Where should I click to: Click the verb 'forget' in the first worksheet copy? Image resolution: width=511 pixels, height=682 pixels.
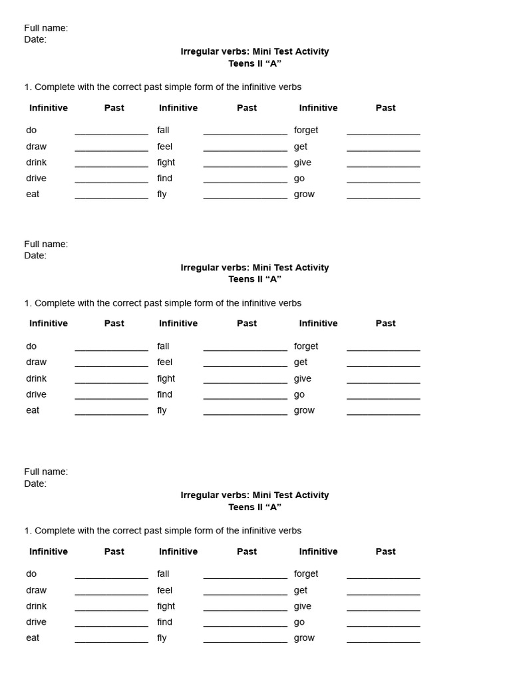[306, 130]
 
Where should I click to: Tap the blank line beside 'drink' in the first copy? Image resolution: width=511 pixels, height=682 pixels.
[111, 166]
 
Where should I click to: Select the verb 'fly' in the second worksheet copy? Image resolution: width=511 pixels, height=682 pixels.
[162, 410]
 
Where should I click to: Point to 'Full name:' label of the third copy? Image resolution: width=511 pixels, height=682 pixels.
[46, 472]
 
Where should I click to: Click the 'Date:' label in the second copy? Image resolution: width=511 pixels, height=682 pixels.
[35, 256]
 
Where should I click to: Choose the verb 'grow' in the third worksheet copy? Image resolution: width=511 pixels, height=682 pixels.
[304, 638]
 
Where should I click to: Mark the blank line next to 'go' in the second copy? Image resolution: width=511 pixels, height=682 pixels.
[383, 398]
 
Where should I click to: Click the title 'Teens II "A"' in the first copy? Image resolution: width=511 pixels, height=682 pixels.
[255, 63]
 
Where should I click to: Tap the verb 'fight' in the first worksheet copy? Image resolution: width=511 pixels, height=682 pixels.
[166, 162]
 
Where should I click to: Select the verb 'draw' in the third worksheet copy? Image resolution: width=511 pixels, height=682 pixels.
[37, 590]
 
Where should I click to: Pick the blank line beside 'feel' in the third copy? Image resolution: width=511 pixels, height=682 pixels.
[245, 594]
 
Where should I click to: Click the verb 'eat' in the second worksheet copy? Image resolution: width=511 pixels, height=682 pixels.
[33, 410]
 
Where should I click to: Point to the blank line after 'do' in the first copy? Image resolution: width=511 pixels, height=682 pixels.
[111, 134]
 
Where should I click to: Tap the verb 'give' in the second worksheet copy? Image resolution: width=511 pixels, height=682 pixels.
[303, 378]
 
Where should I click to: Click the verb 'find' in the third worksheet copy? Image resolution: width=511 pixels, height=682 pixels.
[164, 622]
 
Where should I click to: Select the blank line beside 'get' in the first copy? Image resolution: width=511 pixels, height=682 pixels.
[383, 150]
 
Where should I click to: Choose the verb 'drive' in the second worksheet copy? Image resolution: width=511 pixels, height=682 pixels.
[37, 394]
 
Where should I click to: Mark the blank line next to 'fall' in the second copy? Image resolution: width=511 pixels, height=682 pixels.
[245, 350]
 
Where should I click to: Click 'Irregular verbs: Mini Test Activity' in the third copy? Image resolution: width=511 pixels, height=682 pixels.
[255, 495]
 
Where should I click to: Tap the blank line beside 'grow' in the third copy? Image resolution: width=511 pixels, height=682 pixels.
[383, 642]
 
